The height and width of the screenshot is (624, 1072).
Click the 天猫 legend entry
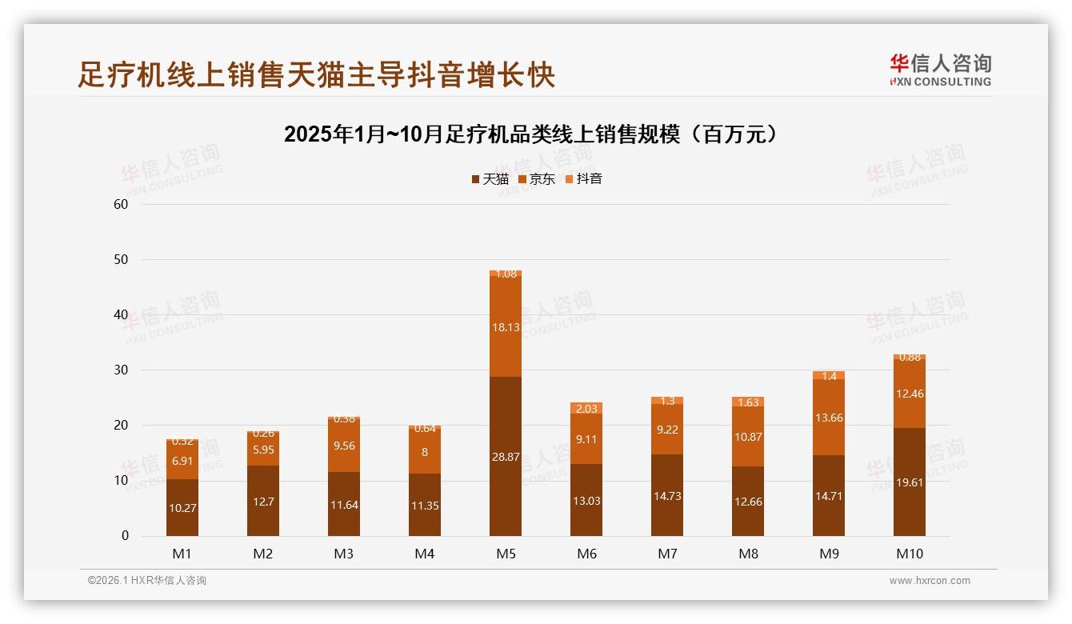click(490, 179)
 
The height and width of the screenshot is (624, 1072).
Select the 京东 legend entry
click(537, 179)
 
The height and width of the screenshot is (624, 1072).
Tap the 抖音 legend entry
click(584, 179)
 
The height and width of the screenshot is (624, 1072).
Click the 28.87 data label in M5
click(506, 457)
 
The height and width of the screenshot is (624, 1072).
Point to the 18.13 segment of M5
click(506, 326)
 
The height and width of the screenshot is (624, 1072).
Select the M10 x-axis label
click(909, 554)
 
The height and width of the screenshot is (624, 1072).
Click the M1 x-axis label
click(182, 554)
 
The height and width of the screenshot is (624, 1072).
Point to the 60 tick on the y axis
click(121, 204)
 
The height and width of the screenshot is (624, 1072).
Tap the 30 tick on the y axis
click(121, 370)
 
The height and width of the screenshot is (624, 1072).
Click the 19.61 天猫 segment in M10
click(909, 482)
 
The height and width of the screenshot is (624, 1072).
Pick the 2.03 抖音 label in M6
click(586, 409)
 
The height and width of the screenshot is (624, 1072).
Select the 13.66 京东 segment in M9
click(829, 418)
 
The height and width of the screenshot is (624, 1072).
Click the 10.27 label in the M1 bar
click(182, 507)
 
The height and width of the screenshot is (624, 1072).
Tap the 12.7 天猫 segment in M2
click(263, 502)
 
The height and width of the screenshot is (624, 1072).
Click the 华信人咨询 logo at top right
click(940, 70)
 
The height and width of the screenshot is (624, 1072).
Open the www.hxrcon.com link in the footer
click(930, 581)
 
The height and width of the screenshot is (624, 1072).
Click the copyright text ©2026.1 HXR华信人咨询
click(147, 581)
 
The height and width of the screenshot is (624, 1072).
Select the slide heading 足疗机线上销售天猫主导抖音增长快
click(316, 75)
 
